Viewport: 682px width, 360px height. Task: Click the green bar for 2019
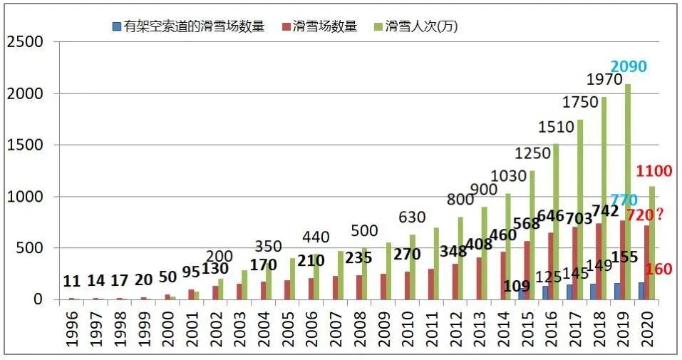coord(628,192)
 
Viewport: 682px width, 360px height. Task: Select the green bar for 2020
coord(652,242)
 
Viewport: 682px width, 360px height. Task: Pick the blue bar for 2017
coord(569,292)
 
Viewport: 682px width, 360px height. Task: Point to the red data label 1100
coord(654,171)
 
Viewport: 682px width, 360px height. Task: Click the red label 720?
coord(644,214)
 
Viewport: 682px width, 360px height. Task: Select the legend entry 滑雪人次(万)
coord(421,27)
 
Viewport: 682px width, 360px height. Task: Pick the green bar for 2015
coord(532,235)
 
